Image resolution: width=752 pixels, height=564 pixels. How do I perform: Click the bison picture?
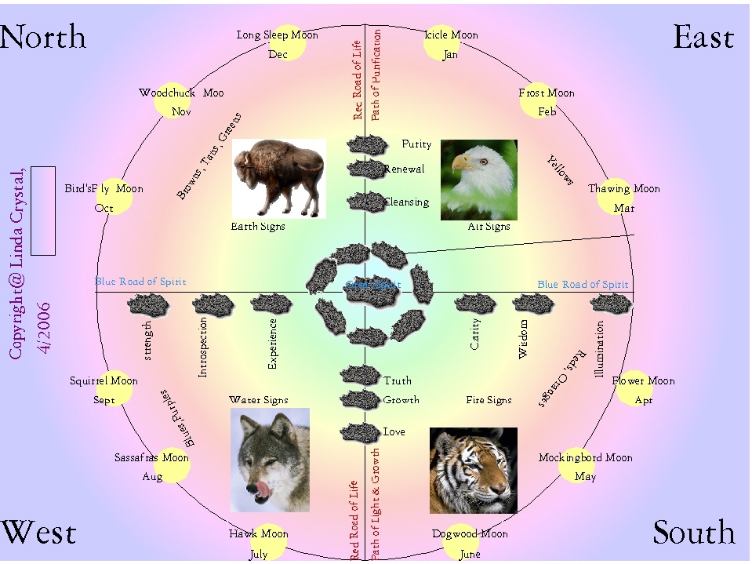(x=278, y=177)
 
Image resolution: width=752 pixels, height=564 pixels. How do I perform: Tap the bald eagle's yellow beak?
(x=462, y=163)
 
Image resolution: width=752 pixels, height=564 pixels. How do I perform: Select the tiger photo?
(x=473, y=470)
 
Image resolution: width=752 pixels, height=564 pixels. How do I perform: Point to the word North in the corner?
(x=43, y=37)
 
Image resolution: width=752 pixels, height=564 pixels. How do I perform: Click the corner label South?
(x=693, y=533)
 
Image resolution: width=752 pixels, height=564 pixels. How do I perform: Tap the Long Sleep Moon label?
(x=277, y=35)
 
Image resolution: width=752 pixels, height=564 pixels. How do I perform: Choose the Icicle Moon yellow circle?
(x=441, y=42)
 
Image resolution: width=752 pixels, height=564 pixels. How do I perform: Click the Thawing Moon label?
(x=624, y=189)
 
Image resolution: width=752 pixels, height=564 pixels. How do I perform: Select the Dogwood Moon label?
(x=470, y=534)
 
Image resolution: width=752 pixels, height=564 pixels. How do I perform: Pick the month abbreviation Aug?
(x=152, y=477)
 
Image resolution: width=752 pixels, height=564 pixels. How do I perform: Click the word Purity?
(x=416, y=144)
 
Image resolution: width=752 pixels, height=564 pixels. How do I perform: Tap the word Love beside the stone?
(x=394, y=432)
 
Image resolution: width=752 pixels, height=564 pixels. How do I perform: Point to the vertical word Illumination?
(x=600, y=350)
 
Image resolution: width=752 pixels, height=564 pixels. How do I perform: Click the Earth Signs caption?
(x=258, y=227)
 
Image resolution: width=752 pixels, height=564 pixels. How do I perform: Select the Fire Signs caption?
(x=489, y=400)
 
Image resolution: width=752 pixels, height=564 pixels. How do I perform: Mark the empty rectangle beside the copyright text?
(x=43, y=210)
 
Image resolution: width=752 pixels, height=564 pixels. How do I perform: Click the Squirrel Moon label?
(x=104, y=381)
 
